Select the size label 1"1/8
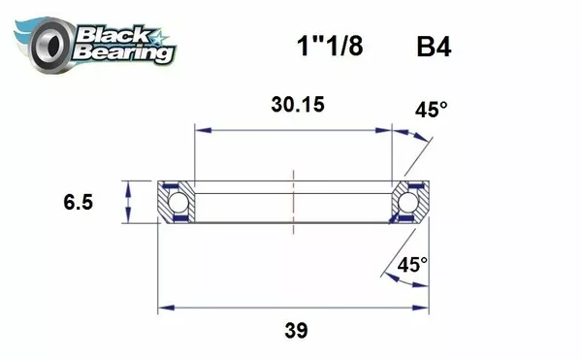(x=327, y=47)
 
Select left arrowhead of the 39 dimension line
(x=164, y=309)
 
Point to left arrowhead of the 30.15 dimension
(x=201, y=128)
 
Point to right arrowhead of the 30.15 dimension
(x=387, y=128)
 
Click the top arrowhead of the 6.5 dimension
(x=127, y=186)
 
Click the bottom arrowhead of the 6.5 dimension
(x=127, y=220)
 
